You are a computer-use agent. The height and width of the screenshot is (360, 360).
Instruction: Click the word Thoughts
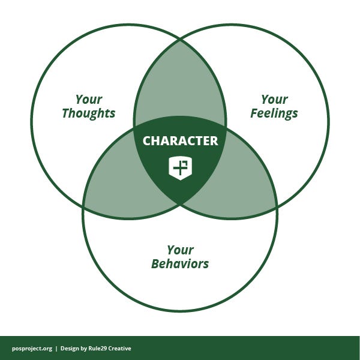pos(88,113)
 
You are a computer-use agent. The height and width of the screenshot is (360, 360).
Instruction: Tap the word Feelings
pos(274,113)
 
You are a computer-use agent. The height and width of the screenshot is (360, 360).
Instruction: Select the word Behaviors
pos(180,263)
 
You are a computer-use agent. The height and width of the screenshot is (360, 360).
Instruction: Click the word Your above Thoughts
pos(89,100)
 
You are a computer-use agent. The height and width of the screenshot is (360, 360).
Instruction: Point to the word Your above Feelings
pos(274,100)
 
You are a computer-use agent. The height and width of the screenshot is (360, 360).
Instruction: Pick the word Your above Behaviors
pos(180,250)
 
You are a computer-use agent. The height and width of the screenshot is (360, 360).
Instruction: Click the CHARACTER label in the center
pos(180,141)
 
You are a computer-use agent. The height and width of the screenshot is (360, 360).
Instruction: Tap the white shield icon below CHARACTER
pos(180,167)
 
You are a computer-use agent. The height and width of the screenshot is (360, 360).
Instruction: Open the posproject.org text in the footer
pos(32,349)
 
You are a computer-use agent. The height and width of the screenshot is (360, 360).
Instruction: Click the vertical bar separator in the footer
pos(56,349)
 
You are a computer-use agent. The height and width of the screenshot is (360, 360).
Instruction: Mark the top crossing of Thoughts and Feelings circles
pos(180,40)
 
